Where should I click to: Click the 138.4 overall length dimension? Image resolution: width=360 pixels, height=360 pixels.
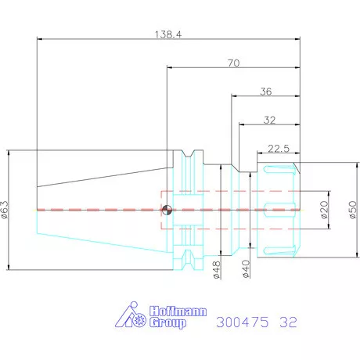coord(168,34)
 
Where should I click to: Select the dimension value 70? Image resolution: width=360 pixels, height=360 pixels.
coord(233,63)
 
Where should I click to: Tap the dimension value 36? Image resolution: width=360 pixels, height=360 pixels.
coord(266,92)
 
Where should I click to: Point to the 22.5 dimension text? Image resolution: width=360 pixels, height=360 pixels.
coord(279,149)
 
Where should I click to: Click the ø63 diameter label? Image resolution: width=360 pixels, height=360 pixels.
coord(5,210)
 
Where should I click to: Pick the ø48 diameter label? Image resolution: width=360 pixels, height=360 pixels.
coord(217,270)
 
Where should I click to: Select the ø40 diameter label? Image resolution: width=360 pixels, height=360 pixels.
coord(246,269)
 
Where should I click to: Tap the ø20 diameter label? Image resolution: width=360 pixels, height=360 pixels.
coord(324,210)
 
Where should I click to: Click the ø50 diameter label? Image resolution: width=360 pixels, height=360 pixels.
coord(353,210)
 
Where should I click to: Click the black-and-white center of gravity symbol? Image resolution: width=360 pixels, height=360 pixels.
coord(167,210)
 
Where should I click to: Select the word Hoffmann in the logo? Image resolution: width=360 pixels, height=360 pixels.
coord(178,311)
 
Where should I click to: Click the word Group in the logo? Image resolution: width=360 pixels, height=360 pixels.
coord(168,322)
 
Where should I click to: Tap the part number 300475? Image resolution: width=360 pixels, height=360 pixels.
coord(242,322)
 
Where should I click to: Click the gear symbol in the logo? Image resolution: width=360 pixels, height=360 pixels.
coord(139,319)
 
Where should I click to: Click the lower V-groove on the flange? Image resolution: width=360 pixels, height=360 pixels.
coord(188,259)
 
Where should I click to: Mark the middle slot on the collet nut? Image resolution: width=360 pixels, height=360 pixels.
coord(279,210)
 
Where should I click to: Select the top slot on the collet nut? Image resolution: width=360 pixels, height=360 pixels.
coord(279,169)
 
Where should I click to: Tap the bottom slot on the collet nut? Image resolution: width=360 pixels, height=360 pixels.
coord(279,250)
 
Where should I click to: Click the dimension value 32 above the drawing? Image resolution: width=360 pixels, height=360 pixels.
coord(269,120)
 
